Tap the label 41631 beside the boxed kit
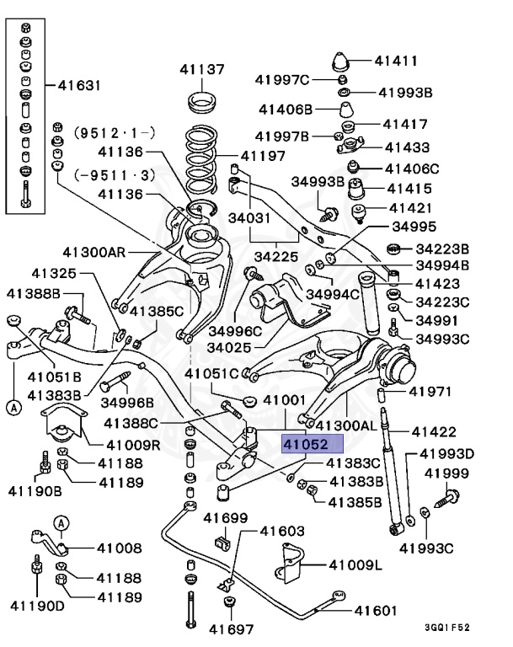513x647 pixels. [x=79, y=84]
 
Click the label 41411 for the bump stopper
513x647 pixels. [x=397, y=61]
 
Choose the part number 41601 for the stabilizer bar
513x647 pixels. [x=375, y=610]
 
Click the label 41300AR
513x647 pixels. [x=93, y=251]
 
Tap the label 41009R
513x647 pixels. [x=129, y=446]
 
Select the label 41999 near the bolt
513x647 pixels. [x=446, y=473]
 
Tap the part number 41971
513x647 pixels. [x=431, y=392]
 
